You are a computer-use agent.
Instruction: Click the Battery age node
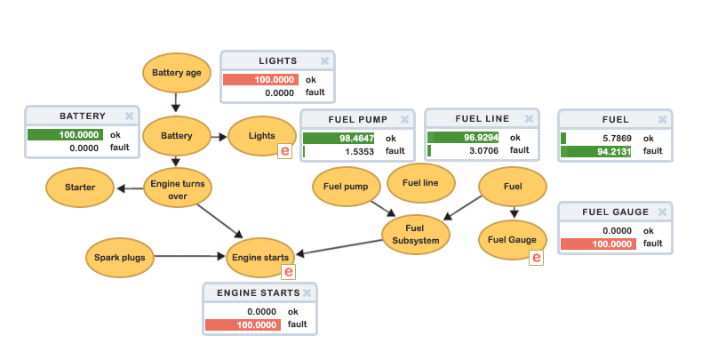pos(177,73)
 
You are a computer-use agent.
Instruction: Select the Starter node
pos(80,188)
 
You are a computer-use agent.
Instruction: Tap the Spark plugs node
pos(120,258)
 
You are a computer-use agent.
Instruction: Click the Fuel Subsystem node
pos(416,235)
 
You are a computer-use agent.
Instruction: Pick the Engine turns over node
pos(178,189)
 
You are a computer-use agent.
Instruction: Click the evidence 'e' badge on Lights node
pos(284,151)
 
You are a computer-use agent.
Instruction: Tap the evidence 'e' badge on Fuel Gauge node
pos(536,258)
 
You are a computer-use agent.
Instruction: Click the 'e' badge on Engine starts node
pos(288,272)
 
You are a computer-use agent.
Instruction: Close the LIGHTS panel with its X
pos(324,61)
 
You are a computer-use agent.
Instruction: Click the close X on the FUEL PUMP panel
pos(405,119)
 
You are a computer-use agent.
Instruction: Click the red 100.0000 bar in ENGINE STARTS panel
pos(243,325)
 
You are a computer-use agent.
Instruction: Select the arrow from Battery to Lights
pos(219,136)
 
